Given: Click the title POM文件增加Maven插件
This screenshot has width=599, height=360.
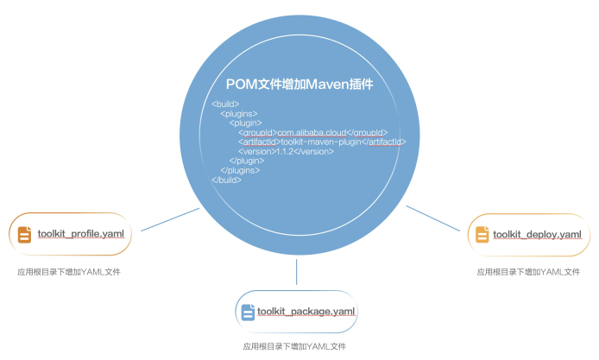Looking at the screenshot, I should click(299, 84).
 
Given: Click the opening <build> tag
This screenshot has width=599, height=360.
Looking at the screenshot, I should click(225, 104).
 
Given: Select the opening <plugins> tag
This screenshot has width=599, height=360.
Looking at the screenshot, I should click(239, 114).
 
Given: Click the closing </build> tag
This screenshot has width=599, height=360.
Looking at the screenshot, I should click(226, 180).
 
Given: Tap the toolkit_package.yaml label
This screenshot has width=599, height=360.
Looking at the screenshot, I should click(306, 310).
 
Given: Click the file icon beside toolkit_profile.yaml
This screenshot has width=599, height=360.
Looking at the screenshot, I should click(24, 234).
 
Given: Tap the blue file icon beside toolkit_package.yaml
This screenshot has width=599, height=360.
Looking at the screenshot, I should click(248, 311).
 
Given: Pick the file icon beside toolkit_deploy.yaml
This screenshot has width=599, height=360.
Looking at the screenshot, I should click(482, 235).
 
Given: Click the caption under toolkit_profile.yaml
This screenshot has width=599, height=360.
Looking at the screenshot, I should click(69, 272).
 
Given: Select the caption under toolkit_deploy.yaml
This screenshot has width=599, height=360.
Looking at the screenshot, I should click(528, 272).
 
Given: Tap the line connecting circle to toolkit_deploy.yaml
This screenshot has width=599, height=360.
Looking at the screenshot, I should click(432, 218).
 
